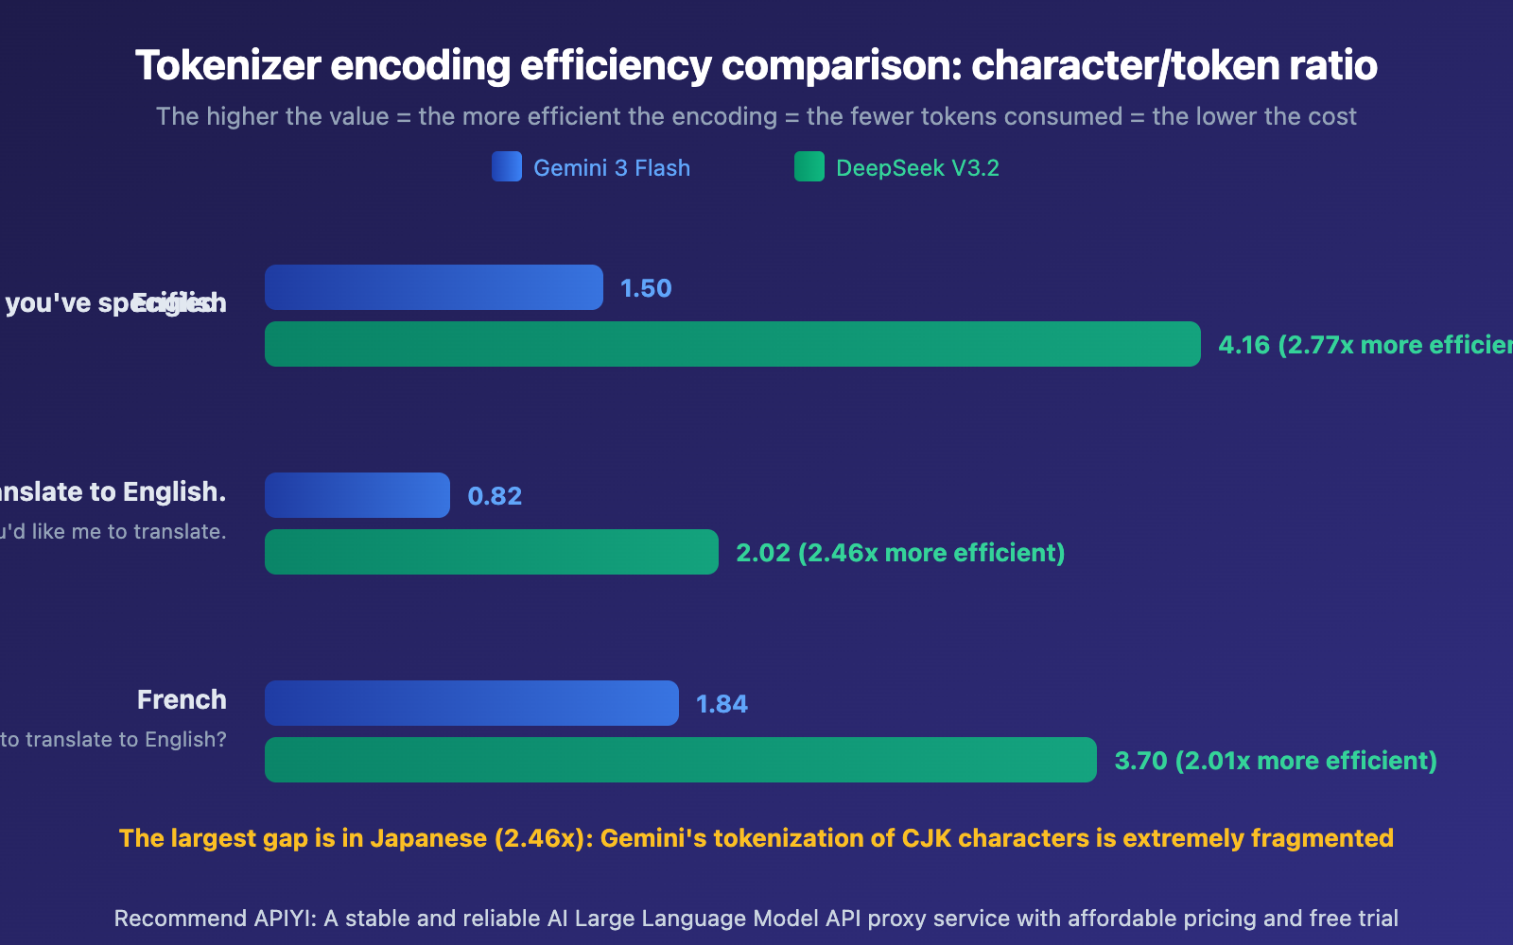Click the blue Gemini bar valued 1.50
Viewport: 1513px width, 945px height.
[x=433, y=287]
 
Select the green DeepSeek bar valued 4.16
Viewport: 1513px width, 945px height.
[x=732, y=344]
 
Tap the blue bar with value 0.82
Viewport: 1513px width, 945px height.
[x=357, y=495]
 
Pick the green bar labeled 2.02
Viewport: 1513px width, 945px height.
[x=491, y=552]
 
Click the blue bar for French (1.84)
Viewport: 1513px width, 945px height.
[x=471, y=703]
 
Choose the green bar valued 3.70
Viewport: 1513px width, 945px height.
[x=680, y=760]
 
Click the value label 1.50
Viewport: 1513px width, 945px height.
[x=646, y=288]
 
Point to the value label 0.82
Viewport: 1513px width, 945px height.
[x=495, y=496]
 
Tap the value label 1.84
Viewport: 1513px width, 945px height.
[x=722, y=704]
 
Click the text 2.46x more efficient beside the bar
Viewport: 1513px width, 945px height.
[x=931, y=553]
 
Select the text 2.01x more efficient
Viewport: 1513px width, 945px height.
[x=1305, y=761]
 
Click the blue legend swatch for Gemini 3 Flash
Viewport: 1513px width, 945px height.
[x=507, y=166]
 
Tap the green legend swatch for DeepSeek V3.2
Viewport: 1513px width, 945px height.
[x=809, y=166]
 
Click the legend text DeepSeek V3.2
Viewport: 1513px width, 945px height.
[x=917, y=168]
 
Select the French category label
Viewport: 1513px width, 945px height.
[x=182, y=699]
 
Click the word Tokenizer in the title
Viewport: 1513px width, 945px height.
[x=228, y=66]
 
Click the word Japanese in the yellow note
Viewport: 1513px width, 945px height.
[x=428, y=838]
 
